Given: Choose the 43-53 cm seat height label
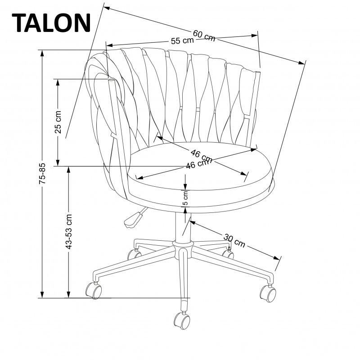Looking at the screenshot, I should click(68, 231).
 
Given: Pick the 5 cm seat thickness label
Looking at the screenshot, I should click(185, 196).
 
